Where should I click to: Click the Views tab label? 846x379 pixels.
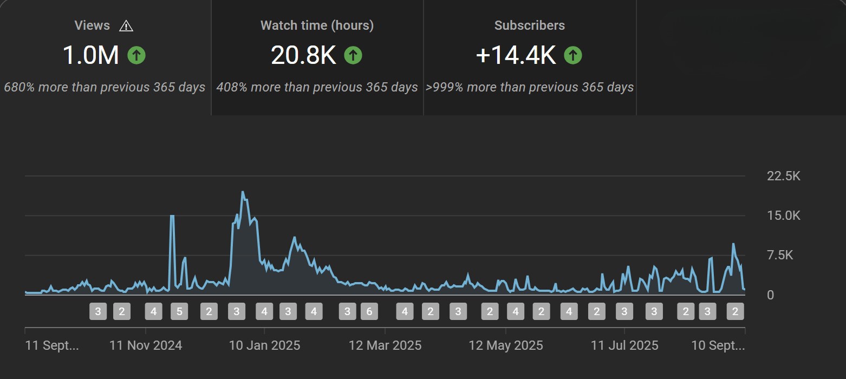pyautogui.click(x=92, y=25)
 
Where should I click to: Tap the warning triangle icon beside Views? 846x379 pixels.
pyautogui.click(x=126, y=25)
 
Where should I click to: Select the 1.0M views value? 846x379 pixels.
pyautogui.click(x=91, y=55)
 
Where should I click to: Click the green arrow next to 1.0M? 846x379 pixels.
pyautogui.click(x=136, y=55)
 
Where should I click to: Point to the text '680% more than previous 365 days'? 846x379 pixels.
pyautogui.click(x=105, y=87)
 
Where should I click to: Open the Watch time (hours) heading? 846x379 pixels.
pyautogui.click(x=317, y=25)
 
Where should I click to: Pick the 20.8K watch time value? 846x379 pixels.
pyautogui.click(x=303, y=55)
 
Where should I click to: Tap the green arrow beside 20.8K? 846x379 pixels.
pyautogui.click(x=353, y=55)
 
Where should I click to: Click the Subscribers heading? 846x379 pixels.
pyautogui.click(x=529, y=25)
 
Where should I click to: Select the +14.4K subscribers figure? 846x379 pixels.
pyautogui.click(x=516, y=55)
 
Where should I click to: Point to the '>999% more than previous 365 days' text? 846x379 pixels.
pyautogui.click(x=529, y=87)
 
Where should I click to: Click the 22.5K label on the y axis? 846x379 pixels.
pyautogui.click(x=783, y=176)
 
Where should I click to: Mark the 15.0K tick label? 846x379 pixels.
pyautogui.click(x=783, y=215)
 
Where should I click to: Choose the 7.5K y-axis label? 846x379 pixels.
pyautogui.click(x=787, y=255)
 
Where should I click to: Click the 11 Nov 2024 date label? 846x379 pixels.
pyautogui.click(x=146, y=345)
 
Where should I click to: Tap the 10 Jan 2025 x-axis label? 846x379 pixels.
pyautogui.click(x=264, y=345)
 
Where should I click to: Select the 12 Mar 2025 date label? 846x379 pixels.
pyautogui.click(x=385, y=345)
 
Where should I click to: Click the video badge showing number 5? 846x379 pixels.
pyautogui.click(x=179, y=311)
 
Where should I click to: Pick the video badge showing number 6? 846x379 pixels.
pyautogui.click(x=369, y=311)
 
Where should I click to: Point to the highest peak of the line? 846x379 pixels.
pyautogui.click(x=242, y=192)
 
